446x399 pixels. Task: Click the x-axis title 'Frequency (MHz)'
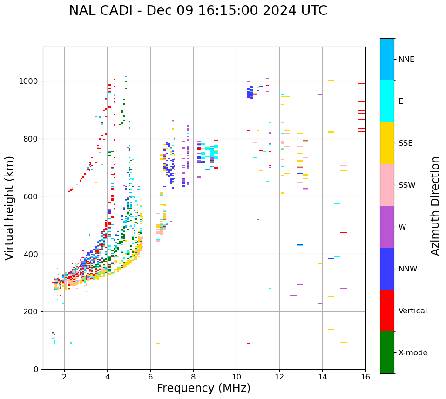[x=203, y=388]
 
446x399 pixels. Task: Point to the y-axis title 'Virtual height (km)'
[x=10, y=208]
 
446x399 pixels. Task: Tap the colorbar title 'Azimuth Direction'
[x=435, y=205]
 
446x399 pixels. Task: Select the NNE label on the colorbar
[x=406, y=60]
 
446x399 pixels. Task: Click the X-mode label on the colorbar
[x=413, y=353]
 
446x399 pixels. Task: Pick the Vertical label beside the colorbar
[x=412, y=311]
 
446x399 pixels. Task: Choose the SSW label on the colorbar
[x=407, y=185]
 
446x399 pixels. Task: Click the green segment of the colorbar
[x=387, y=352]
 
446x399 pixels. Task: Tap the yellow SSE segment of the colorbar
[x=387, y=143]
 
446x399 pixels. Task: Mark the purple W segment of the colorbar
[x=387, y=227]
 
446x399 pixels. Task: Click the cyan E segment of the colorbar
[x=387, y=101]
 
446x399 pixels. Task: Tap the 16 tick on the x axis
[x=365, y=377]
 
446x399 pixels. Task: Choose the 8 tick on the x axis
[x=193, y=377]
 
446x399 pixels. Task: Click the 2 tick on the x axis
[x=64, y=377]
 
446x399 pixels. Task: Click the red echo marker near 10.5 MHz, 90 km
[x=248, y=343]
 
